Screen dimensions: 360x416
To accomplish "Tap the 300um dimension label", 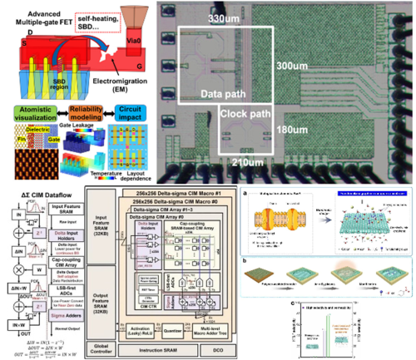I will click(x=293, y=65).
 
